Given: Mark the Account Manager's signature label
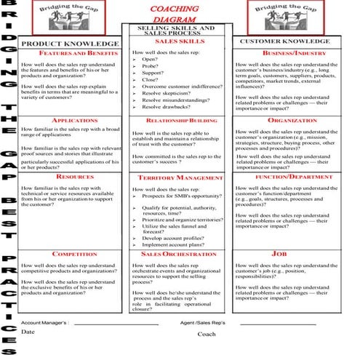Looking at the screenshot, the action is (x=45, y=321).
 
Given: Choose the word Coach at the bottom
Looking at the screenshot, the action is (x=207, y=335).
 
